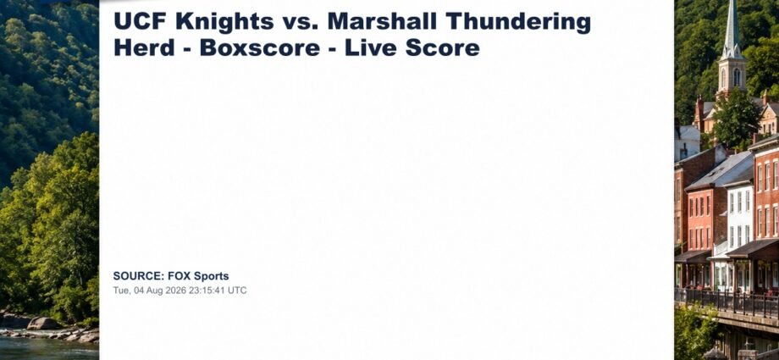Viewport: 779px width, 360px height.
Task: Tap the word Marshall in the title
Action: (382, 21)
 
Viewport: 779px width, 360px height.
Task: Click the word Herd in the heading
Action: (144, 47)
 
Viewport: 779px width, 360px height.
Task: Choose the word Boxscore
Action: (260, 47)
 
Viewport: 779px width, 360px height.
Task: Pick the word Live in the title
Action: (371, 47)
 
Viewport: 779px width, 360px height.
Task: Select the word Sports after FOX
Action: (211, 276)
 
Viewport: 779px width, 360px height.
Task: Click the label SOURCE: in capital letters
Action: (139, 276)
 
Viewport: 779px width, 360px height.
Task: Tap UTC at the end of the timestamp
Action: (237, 291)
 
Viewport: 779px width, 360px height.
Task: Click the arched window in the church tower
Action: (737, 77)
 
